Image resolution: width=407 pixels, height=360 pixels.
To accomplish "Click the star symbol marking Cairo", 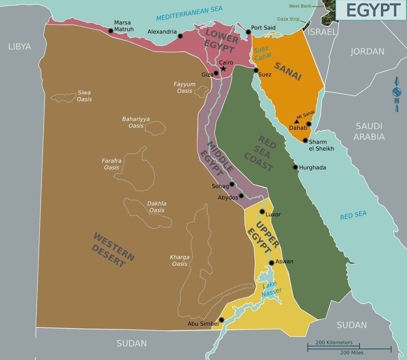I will point(224,69).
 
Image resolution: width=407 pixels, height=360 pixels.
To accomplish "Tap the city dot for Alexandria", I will point(180,36).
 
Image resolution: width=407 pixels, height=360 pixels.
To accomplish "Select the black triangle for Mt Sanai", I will point(297,122).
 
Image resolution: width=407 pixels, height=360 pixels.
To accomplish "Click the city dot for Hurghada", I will point(295,167).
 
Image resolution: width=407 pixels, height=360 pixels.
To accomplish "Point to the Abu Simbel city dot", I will point(222,320).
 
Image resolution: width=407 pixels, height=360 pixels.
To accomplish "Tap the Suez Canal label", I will point(262,53).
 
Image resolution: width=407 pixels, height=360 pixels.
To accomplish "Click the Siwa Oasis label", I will point(84,96).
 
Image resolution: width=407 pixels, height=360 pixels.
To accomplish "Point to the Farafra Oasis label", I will point(112,164).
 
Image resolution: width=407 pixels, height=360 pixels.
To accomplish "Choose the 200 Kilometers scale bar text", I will point(334,343).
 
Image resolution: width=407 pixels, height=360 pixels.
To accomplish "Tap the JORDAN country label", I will point(367,51).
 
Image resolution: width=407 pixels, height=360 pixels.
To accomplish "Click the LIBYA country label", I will point(20,47).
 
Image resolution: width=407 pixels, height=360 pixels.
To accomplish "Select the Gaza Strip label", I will point(288,19).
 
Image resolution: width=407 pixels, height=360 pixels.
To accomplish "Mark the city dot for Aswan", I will point(272,263).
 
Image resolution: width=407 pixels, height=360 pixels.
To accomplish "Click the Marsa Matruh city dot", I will point(111,31).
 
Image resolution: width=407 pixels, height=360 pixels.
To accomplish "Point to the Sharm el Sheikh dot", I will point(305,141).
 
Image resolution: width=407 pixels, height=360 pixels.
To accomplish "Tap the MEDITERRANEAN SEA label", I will point(189,14).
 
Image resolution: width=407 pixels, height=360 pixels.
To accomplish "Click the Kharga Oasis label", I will point(180,261).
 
